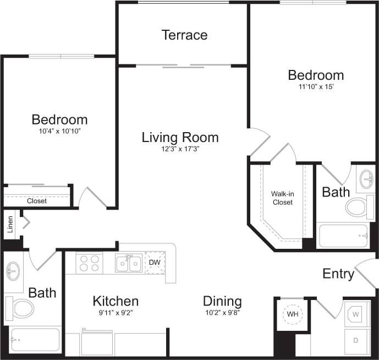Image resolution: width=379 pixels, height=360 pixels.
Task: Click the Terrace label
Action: [184, 35]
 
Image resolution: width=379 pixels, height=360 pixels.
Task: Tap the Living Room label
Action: [180, 137]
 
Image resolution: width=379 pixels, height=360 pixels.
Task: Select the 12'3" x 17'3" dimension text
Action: [180, 149]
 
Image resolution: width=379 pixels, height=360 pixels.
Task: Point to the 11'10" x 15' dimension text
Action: [316, 86]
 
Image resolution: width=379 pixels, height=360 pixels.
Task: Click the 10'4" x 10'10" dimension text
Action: [59, 130]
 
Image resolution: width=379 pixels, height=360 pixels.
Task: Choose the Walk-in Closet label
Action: [281, 198]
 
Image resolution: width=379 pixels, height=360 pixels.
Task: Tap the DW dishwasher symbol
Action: [155, 263]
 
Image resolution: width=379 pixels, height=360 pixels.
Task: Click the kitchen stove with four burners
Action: [89, 263]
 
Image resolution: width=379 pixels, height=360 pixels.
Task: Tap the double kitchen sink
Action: [128, 264]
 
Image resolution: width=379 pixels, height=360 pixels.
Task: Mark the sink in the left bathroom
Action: [13, 270]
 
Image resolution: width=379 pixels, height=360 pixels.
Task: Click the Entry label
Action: [338, 274]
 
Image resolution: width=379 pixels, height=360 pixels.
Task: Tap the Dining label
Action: [222, 302]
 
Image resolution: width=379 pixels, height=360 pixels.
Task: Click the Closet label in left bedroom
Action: [37, 201]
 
